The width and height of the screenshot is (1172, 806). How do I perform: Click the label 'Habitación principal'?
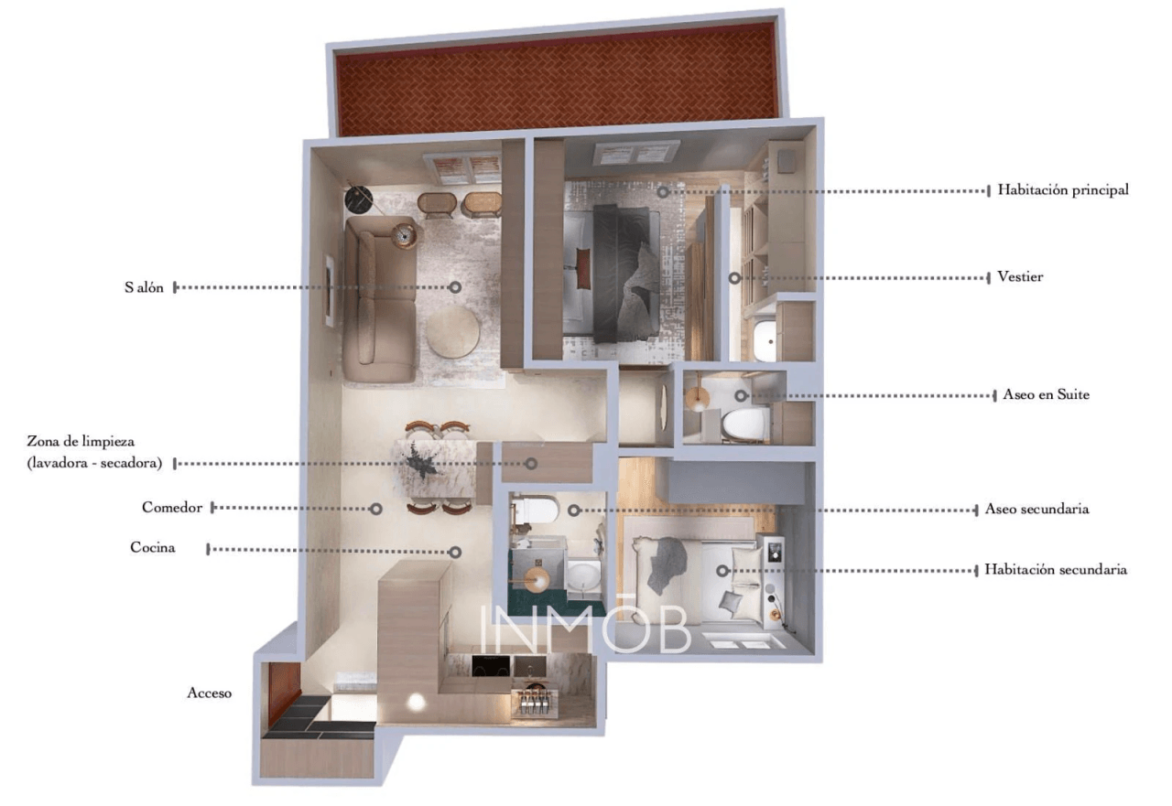coord(1063,190)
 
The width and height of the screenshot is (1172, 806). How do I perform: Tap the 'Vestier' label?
coord(1020,276)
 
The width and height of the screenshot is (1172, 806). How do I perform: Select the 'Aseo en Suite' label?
coord(1046,394)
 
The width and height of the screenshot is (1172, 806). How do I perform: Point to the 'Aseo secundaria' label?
coord(1036,509)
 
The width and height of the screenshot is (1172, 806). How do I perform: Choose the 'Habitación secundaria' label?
coord(1056,569)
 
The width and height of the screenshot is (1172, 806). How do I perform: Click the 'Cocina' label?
coord(152,547)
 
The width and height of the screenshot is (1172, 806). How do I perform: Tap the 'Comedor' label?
coord(171,508)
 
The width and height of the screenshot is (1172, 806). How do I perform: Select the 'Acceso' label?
coord(210,693)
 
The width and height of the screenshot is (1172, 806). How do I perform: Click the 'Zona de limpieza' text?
coord(81,442)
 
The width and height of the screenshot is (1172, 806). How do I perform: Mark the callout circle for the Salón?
coord(456,287)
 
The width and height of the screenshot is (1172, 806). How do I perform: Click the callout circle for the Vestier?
coord(734,278)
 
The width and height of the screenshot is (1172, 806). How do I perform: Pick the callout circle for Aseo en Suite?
coord(741,396)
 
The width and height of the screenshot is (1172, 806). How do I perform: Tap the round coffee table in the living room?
coord(452,332)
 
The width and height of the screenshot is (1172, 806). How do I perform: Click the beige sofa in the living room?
coord(380,298)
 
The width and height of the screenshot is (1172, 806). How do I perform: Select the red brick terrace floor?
coord(556,80)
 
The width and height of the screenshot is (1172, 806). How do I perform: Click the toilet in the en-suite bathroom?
coord(745,424)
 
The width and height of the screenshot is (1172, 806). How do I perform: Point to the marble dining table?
coord(437,468)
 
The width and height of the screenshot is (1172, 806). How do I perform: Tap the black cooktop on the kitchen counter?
coord(491,666)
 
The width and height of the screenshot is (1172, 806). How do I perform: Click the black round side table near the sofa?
coord(358,199)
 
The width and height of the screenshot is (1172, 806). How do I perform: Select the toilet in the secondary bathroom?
coord(535,510)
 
